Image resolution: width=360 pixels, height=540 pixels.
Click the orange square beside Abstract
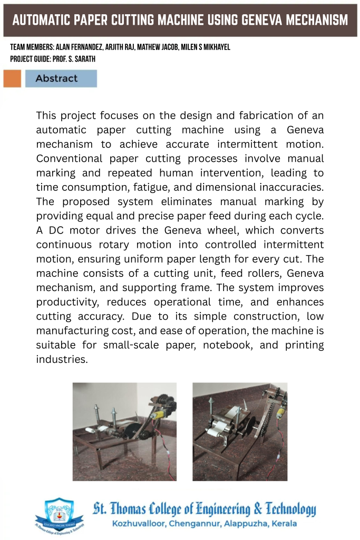(x=12, y=79)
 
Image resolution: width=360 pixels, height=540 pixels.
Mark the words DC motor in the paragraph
(x=71, y=230)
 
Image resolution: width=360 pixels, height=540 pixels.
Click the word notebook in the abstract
(x=223, y=345)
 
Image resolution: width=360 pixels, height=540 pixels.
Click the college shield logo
(x=59, y=515)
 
